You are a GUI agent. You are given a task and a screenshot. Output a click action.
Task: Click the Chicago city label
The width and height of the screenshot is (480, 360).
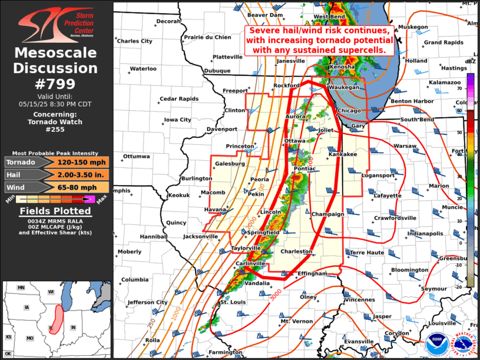pos(349,111)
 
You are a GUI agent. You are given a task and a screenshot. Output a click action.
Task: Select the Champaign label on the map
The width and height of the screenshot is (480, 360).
pos(327,214)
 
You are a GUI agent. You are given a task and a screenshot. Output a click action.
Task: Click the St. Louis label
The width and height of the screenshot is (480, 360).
pos(231,302)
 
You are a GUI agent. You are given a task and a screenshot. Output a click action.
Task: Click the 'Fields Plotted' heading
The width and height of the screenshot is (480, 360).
pos(56,210)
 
